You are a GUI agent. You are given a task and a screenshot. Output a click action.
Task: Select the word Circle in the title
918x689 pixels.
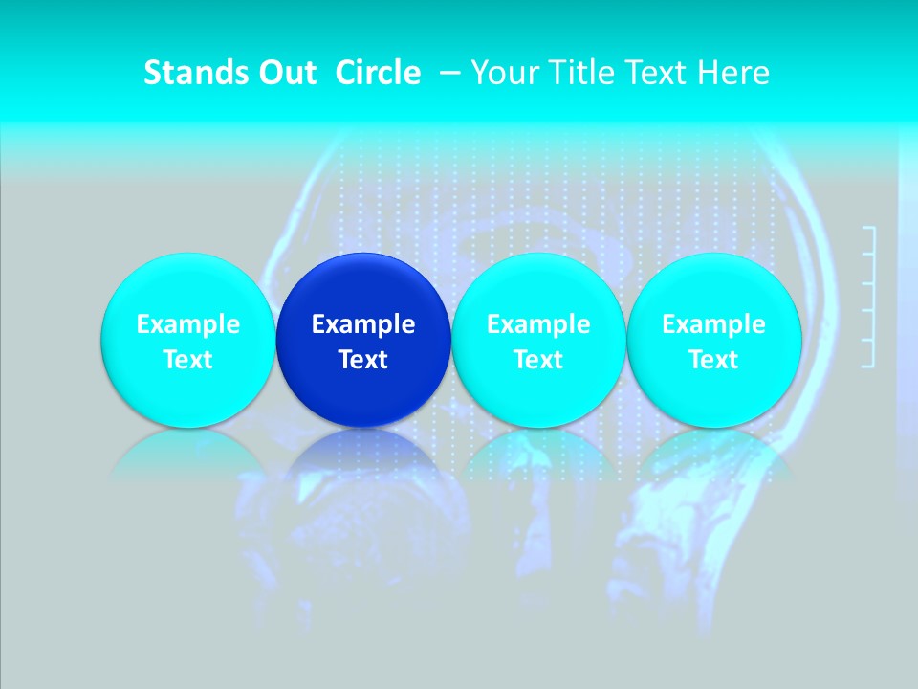click(x=378, y=73)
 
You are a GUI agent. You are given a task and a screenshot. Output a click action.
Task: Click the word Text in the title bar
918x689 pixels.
click(x=655, y=73)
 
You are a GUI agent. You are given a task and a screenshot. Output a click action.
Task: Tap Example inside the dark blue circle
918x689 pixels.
click(x=363, y=324)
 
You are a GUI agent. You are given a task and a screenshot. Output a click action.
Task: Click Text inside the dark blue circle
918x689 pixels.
click(x=363, y=360)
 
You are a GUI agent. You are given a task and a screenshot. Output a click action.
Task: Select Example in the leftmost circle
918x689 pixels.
click(x=187, y=324)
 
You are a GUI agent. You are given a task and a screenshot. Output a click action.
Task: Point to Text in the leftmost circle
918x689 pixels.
click(x=187, y=360)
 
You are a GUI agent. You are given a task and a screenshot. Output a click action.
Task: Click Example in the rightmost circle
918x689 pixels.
click(x=713, y=324)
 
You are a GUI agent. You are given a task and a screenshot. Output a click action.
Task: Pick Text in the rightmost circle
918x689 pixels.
click(x=713, y=360)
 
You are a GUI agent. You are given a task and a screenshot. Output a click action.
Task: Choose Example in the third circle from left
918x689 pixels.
click(x=538, y=324)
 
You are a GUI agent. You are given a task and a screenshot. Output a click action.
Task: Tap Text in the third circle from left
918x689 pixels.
click(x=538, y=360)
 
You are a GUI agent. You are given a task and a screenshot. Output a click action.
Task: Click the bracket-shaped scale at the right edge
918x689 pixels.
click(x=870, y=297)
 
